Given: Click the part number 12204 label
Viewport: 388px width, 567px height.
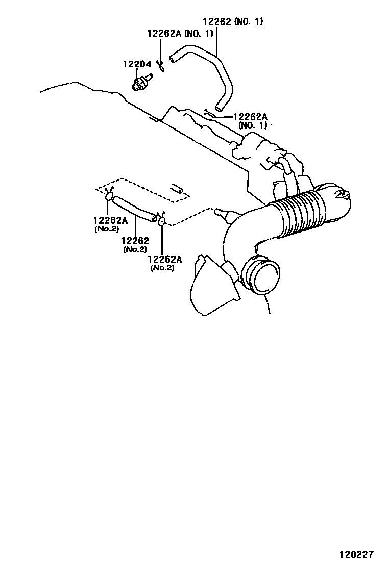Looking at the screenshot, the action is pos(136,65).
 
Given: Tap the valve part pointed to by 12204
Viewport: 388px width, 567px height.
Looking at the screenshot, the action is pos(140,82).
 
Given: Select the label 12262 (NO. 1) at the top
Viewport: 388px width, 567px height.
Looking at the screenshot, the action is pos(233,22).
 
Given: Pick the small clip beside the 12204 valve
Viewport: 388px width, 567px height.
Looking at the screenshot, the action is pos(160,65).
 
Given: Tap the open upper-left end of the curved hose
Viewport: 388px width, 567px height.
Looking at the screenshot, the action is pos(172,61).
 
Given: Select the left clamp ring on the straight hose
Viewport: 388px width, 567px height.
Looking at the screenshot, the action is pos(109,196).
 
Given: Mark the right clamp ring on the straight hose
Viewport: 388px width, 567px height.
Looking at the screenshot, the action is pos(161,221).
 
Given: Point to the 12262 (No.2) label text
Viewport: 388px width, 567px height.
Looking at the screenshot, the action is pos(135,244).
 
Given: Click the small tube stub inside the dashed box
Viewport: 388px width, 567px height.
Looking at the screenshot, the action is pos(177,188).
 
